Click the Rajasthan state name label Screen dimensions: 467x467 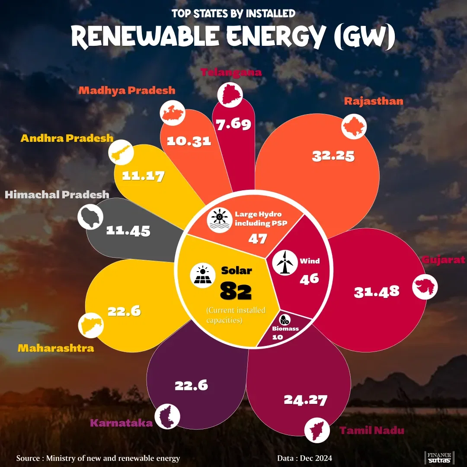click(374, 101)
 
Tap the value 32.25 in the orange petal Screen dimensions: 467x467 click(333, 156)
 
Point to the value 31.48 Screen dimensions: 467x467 click(376, 292)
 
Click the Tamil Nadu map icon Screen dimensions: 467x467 click(317, 429)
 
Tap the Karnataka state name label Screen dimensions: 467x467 click(122, 422)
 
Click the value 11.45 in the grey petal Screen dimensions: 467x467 click(128, 230)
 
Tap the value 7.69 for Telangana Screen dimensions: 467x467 click(234, 125)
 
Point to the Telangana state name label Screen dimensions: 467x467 click(231, 72)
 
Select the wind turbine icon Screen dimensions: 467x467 click(283, 262)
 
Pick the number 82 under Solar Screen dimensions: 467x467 click(236, 291)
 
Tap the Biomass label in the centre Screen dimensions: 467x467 click(285, 329)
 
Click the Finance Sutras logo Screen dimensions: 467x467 click(439, 457)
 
